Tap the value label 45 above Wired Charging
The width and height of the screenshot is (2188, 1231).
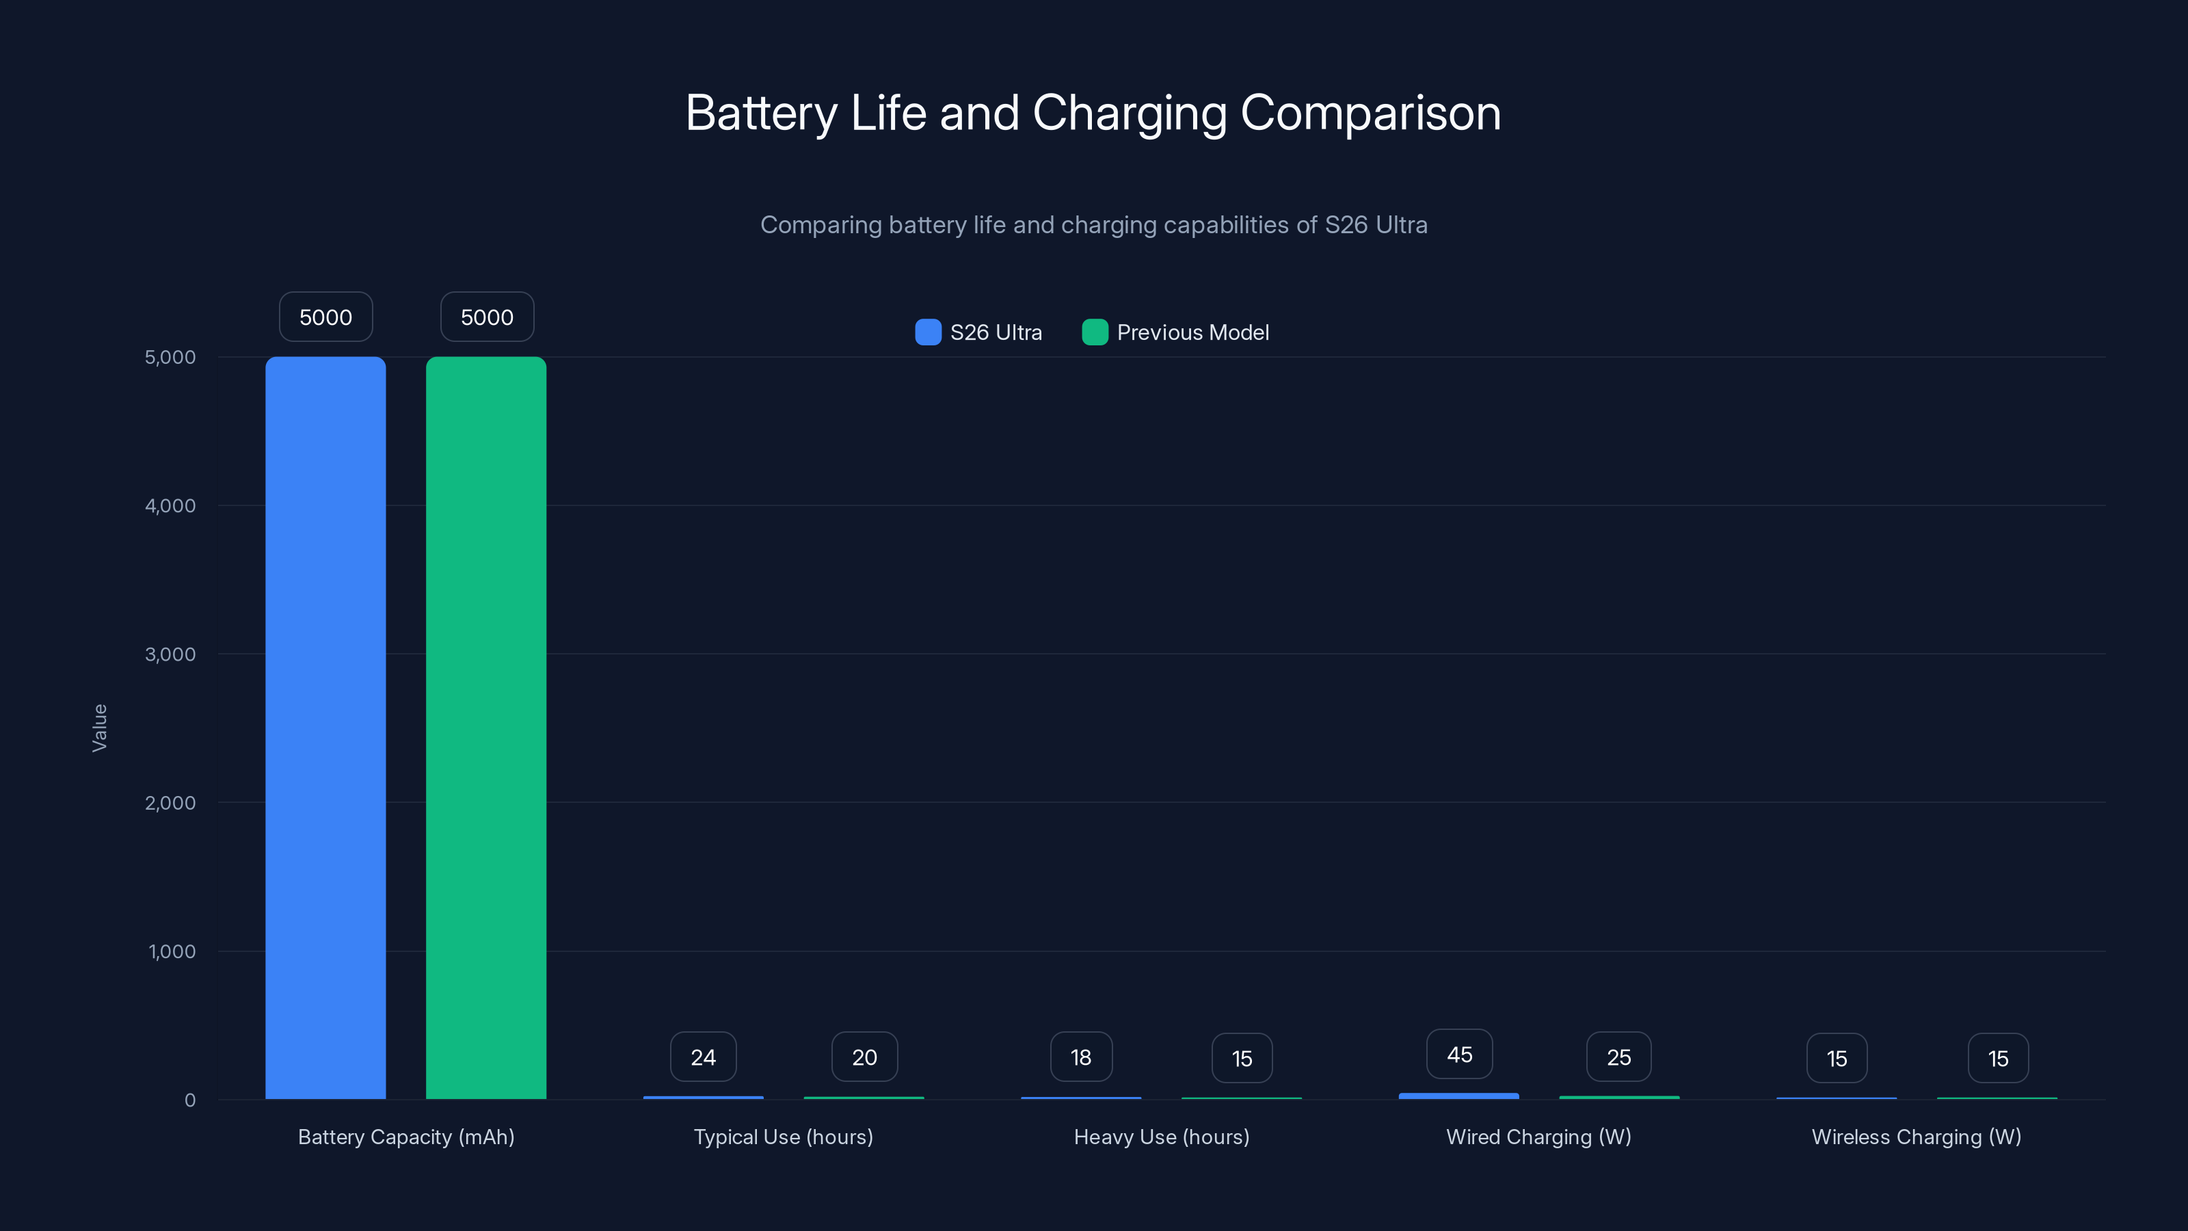tap(1459, 1055)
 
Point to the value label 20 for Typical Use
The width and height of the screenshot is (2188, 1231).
tap(864, 1057)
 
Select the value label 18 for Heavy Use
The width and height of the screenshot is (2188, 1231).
tap(1080, 1057)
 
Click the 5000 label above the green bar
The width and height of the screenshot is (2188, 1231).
tap(487, 317)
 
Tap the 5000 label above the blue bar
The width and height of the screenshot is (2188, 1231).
tap(325, 317)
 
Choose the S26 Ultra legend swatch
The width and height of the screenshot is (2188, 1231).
tap(929, 332)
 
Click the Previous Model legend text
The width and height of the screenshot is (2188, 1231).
tap(1192, 332)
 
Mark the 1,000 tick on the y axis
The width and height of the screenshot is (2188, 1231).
tap(172, 951)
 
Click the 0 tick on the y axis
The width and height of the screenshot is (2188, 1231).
tap(190, 1100)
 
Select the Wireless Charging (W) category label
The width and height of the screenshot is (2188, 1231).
tap(1916, 1137)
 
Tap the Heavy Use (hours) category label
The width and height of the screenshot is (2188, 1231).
tap(1161, 1137)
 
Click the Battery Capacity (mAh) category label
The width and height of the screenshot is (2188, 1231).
tap(406, 1137)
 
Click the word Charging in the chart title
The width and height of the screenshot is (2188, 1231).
tap(1130, 113)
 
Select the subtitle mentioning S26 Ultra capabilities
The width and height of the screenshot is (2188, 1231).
tap(1093, 225)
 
